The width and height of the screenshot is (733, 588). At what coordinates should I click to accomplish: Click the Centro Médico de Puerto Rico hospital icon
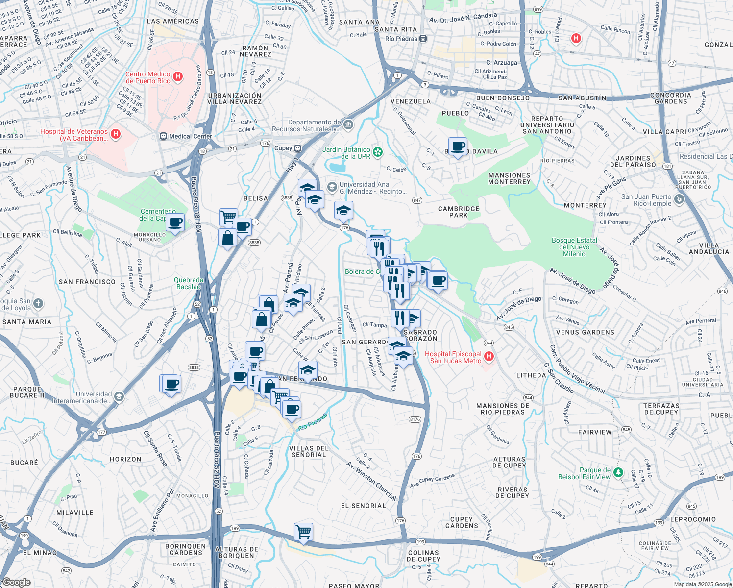pyautogui.click(x=178, y=77)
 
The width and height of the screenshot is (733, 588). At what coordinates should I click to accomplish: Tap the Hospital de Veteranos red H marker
pyautogui.click(x=116, y=134)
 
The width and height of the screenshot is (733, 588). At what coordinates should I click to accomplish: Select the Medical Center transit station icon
pyautogui.click(x=163, y=136)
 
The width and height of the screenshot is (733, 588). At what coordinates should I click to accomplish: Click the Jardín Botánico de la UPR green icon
pyautogui.click(x=378, y=152)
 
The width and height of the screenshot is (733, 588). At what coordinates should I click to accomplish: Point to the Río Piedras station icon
pyautogui.click(x=423, y=39)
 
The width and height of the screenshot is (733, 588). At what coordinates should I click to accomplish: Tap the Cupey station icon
pyautogui.click(x=297, y=148)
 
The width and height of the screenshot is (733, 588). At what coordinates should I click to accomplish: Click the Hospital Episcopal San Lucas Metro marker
pyautogui.click(x=489, y=357)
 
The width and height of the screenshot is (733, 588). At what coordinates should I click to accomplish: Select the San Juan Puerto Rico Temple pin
pyautogui.click(x=679, y=199)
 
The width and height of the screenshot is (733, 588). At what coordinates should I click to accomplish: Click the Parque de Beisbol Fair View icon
pyautogui.click(x=618, y=472)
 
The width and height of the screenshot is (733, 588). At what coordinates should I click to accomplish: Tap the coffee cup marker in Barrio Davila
pyautogui.click(x=458, y=147)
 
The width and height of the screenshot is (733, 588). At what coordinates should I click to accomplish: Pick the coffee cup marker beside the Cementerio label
pyautogui.click(x=175, y=223)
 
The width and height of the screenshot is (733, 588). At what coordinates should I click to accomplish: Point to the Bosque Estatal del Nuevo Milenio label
pyautogui.click(x=574, y=247)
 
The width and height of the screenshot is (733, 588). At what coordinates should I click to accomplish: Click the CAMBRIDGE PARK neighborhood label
pyautogui.click(x=459, y=212)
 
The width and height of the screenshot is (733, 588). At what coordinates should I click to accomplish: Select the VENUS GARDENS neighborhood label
pyautogui.click(x=585, y=332)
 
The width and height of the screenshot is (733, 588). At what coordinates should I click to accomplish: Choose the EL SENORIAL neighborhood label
pyautogui.click(x=363, y=506)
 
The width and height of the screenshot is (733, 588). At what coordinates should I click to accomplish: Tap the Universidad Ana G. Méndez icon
pyautogui.click(x=332, y=187)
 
